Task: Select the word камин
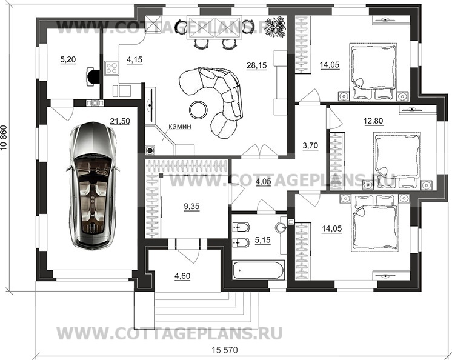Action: pos(180,127)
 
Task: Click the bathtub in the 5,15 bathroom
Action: pos(257,268)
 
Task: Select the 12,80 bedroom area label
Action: pos(374,121)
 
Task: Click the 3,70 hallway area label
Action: pos(310,145)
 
